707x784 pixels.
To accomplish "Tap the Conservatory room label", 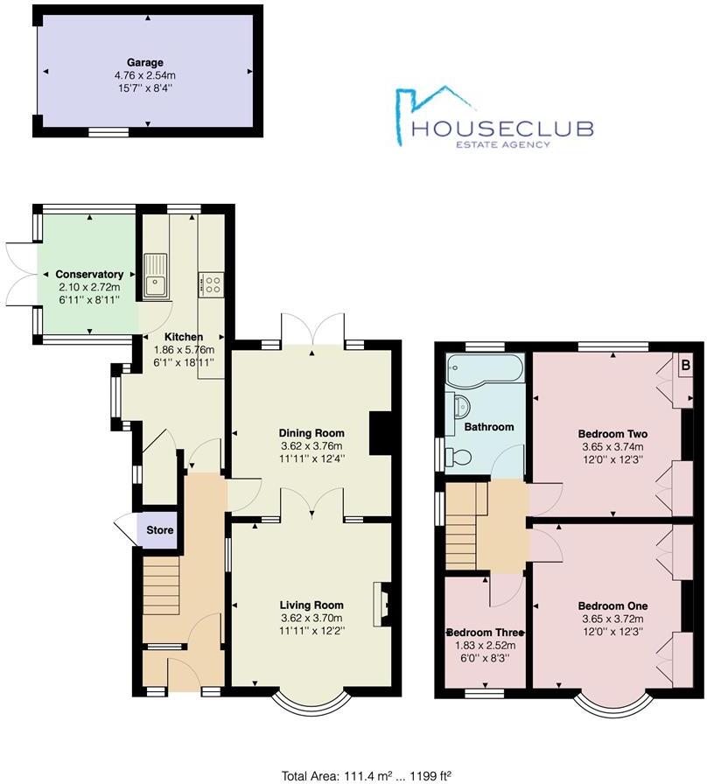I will (90, 275).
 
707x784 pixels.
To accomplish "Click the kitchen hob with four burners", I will (211, 283).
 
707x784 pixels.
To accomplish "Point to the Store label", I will (160, 530).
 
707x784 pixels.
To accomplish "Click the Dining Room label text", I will (311, 432).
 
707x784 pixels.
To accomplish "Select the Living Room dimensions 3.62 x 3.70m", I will (311, 617).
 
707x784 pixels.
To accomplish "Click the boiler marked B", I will (685, 364).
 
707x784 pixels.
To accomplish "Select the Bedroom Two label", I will (612, 433).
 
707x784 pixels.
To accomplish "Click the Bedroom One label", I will (612, 605).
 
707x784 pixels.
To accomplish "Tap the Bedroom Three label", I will (485, 633).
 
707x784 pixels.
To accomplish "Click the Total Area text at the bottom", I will (353, 775).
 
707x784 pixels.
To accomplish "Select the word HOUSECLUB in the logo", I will (502, 129).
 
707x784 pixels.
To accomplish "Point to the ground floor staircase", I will (161, 588).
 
